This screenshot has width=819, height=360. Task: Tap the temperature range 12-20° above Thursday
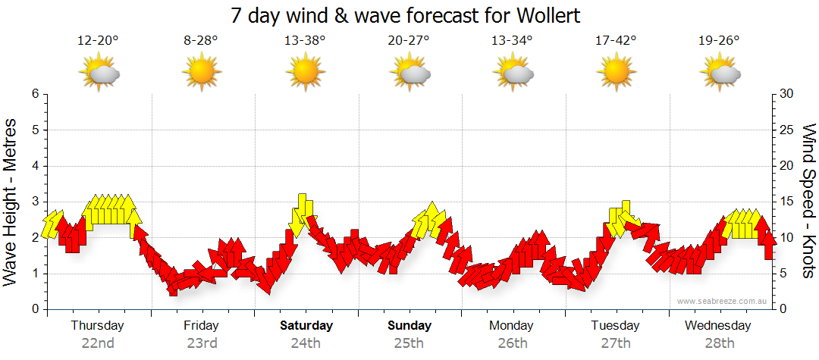tap(98, 41)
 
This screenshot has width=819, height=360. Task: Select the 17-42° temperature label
tap(616, 41)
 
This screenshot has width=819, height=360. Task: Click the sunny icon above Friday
tap(201, 73)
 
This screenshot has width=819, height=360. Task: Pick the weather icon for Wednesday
tap(720, 73)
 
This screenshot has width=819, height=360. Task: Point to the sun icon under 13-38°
tap(305, 73)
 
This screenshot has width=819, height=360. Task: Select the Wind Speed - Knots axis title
tap(808, 202)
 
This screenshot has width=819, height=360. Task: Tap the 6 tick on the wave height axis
tap(35, 94)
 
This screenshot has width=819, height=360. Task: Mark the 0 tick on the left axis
tap(35, 309)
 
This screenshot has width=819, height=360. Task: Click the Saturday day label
tap(306, 326)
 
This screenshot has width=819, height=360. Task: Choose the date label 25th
tap(409, 343)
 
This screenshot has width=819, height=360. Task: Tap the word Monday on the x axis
tap(512, 326)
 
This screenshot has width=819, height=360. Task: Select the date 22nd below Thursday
tap(98, 343)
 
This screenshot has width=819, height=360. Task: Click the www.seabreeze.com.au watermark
tap(723, 301)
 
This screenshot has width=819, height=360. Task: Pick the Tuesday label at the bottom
tap(616, 326)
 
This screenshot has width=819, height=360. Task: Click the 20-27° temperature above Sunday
tap(409, 41)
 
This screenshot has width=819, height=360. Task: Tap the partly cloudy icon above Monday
tap(513, 73)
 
